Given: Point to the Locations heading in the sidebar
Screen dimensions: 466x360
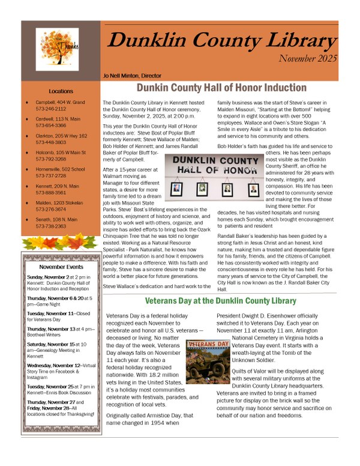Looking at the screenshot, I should [x=61, y=91].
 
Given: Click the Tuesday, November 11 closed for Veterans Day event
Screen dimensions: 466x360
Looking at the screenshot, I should [x=59, y=317].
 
